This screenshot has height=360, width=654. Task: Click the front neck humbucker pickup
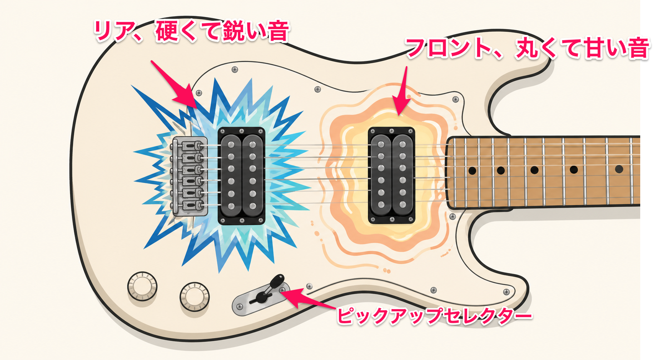[391, 175]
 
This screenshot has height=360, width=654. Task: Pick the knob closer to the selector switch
[195, 297]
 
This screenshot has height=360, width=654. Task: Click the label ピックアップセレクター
[435, 316]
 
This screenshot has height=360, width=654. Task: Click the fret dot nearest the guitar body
[472, 171]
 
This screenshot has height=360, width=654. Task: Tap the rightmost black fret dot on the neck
[619, 169]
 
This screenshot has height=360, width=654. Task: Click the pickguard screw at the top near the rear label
[235, 70]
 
